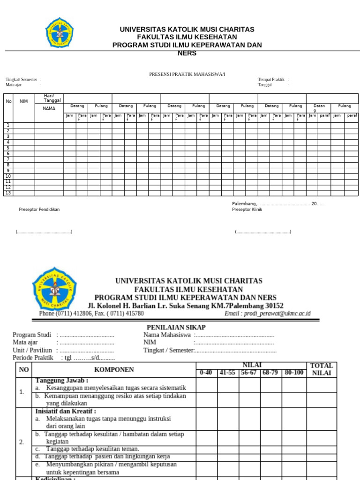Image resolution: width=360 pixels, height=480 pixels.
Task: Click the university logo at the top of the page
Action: click(x=59, y=32)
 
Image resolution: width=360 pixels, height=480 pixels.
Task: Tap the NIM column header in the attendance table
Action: click(x=24, y=101)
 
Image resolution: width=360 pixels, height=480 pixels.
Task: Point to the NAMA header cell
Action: click(x=49, y=108)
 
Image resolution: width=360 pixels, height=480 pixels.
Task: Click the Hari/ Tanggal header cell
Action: click(x=52, y=98)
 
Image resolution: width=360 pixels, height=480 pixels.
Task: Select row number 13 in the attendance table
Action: click(x=8, y=193)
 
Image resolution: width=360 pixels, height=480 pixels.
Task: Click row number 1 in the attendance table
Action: click(x=8, y=125)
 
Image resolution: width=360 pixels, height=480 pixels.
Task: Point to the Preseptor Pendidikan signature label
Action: click(x=39, y=210)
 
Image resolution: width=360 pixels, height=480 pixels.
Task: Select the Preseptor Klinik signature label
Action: click(x=247, y=210)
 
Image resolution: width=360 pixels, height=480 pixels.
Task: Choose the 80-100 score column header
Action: click(x=294, y=373)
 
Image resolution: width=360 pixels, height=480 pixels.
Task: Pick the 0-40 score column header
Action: click(x=206, y=373)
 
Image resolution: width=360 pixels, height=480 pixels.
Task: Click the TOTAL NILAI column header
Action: click(x=322, y=369)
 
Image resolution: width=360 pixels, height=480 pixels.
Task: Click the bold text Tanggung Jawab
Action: click(x=61, y=381)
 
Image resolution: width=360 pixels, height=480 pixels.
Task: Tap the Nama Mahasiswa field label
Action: click(x=167, y=335)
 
